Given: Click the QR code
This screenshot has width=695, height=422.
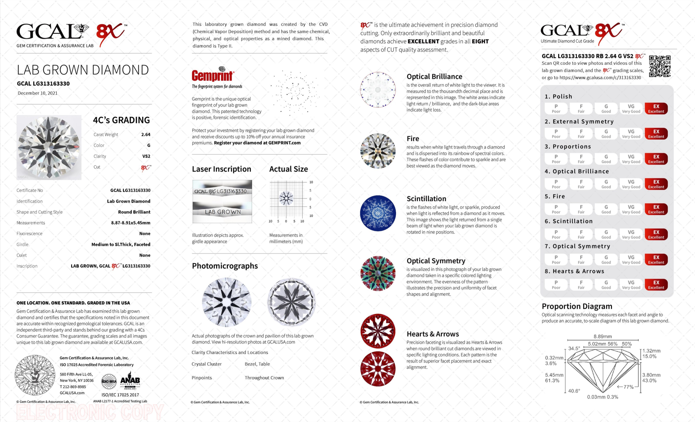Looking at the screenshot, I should [x=660, y=66].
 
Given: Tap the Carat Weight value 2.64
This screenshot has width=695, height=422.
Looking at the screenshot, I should [x=146, y=134].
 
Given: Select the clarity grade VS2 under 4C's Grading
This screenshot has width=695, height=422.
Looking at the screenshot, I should [x=146, y=156].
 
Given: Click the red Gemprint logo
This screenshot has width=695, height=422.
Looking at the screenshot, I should [x=213, y=75].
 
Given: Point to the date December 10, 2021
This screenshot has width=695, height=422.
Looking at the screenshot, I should [x=38, y=93].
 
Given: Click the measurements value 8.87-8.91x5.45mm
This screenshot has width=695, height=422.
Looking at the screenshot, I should [x=131, y=223].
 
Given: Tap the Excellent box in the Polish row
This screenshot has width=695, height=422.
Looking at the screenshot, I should [x=656, y=108].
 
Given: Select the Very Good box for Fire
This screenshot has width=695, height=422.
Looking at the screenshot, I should [x=631, y=209].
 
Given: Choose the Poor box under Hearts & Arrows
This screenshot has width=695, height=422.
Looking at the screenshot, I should [x=556, y=284].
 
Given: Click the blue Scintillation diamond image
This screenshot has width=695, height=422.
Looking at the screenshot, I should [x=378, y=213].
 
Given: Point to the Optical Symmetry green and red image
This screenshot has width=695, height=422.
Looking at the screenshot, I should [x=378, y=273].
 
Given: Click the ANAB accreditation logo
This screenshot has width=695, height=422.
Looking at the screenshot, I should [x=130, y=381].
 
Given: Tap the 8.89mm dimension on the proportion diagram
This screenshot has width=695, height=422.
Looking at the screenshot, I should [x=603, y=336].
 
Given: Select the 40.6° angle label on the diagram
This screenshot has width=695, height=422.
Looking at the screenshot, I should [x=574, y=391].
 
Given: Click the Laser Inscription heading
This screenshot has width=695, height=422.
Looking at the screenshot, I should [x=222, y=169].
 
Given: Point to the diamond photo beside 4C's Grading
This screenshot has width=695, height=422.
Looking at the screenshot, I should [x=49, y=147].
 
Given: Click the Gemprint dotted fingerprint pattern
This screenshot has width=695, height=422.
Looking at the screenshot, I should [x=295, y=92].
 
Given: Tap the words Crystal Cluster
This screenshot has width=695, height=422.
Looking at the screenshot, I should [x=207, y=364].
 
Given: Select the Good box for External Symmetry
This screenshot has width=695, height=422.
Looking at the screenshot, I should [x=606, y=133].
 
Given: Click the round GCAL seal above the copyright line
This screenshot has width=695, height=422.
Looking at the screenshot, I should [x=35, y=375].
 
